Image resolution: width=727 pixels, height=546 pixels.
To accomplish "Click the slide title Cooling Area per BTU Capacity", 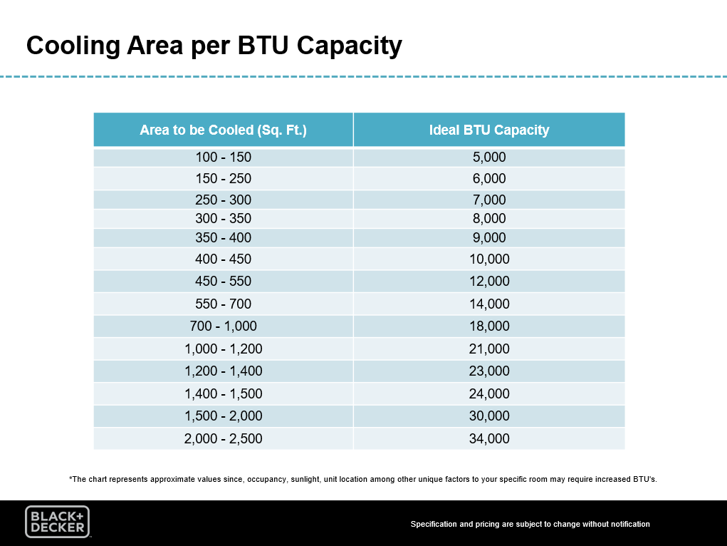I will click(214, 46).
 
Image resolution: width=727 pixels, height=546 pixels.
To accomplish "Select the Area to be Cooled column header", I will click(223, 130).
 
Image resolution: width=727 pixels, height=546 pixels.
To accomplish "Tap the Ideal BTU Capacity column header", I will click(488, 130).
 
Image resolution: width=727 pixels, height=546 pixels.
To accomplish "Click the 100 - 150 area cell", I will click(223, 157).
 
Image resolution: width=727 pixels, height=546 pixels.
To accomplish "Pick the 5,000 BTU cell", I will click(488, 157).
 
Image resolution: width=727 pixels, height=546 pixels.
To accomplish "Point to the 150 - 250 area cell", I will click(223, 178).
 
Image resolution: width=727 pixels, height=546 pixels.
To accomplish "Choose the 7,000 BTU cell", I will click(488, 200).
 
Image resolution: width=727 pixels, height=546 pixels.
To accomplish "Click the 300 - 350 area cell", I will click(223, 218).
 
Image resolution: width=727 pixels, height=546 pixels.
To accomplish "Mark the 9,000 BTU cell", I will click(488, 237).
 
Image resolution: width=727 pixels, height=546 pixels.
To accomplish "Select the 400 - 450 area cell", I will click(223, 259).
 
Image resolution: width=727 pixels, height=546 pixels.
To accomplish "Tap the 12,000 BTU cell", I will click(488, 281).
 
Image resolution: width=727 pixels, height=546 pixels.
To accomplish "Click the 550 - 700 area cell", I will click(223, 304).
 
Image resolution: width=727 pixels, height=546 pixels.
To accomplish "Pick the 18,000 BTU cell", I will click(488, 326).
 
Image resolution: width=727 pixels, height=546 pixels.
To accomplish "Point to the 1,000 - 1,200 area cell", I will click(223, 349).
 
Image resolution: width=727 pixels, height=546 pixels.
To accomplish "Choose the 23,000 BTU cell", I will click(488, 371).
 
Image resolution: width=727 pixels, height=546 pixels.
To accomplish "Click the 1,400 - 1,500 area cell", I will click(223, 393).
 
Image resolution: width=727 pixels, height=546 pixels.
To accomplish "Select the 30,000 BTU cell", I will click(488, 416).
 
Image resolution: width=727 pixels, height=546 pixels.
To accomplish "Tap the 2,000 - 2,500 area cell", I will click(223, 438).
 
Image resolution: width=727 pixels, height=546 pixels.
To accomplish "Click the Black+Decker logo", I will click(58, 521).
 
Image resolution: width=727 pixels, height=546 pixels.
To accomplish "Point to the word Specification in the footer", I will click(434, 525).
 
